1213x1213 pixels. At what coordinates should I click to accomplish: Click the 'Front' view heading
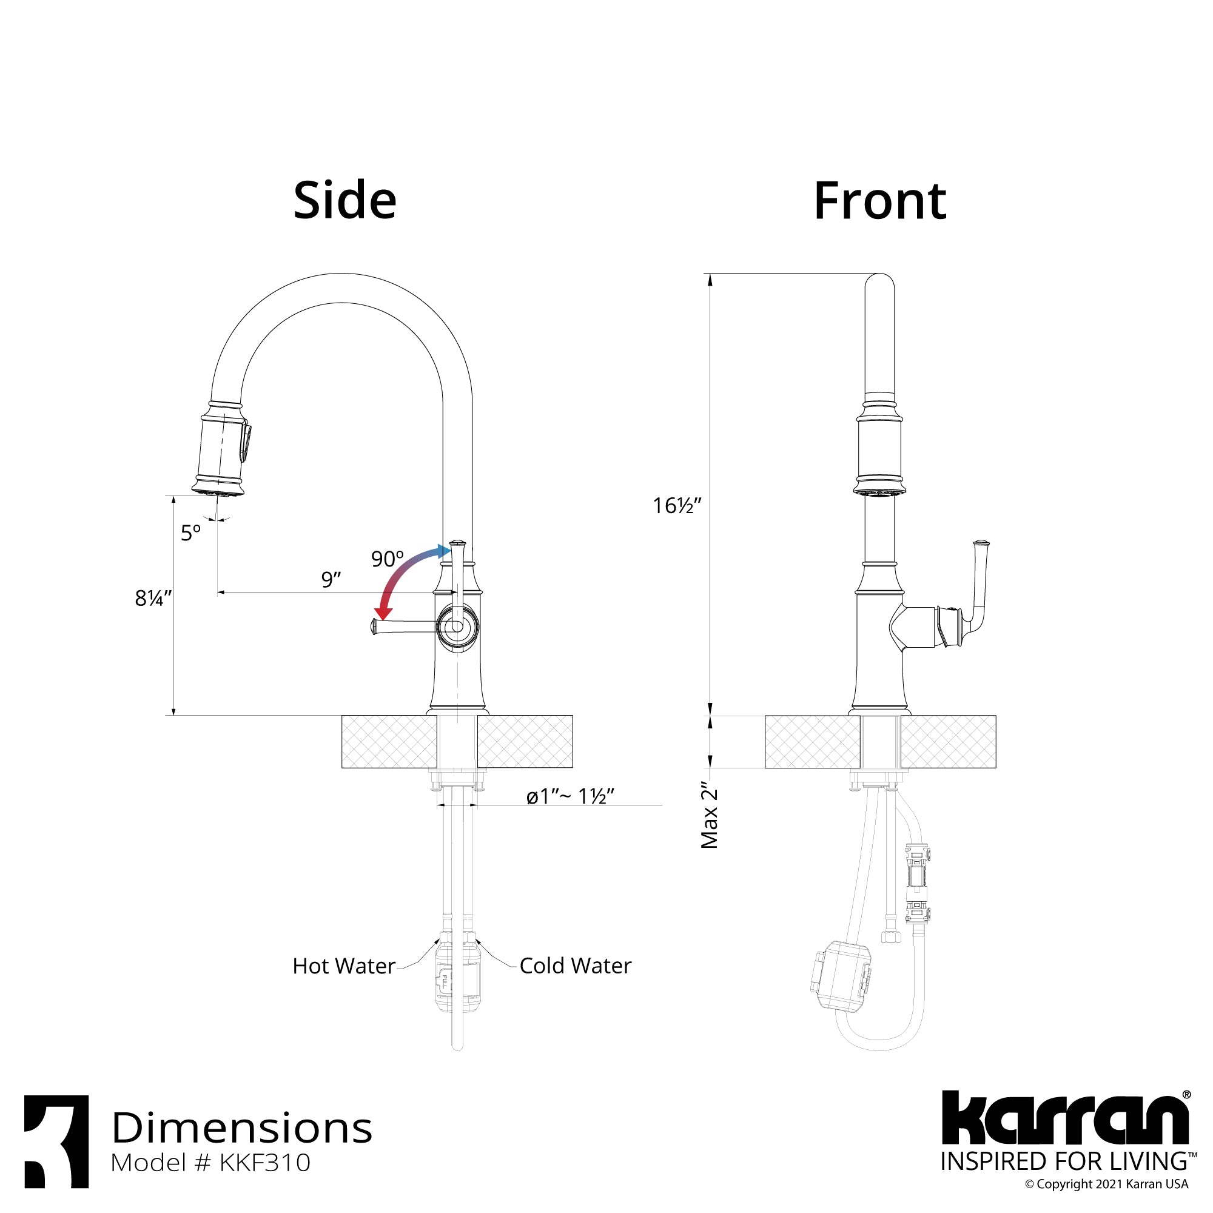[879, 201]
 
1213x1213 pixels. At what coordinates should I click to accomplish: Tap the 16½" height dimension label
[676, 505]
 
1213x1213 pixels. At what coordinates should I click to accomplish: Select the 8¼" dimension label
[153, 599]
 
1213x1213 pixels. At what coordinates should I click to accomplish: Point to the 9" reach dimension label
[331, 579]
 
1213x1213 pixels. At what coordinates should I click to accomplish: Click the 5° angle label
[191, 533]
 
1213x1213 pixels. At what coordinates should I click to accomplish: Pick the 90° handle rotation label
[387, 558]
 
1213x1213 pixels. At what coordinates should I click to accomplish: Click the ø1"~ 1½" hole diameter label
[570, 796]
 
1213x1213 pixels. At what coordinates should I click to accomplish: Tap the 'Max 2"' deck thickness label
[710, 815]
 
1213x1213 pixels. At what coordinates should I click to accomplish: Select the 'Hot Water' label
[344, 966]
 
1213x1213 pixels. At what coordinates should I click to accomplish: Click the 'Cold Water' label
[575, 966]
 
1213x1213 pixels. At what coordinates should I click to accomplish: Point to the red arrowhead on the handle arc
[383, 613]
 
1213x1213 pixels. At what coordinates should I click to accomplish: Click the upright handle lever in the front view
[979, 581]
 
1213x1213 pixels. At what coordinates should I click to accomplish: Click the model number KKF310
[210, 1163]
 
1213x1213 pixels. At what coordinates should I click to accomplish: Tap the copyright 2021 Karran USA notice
[1106, 1184]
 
